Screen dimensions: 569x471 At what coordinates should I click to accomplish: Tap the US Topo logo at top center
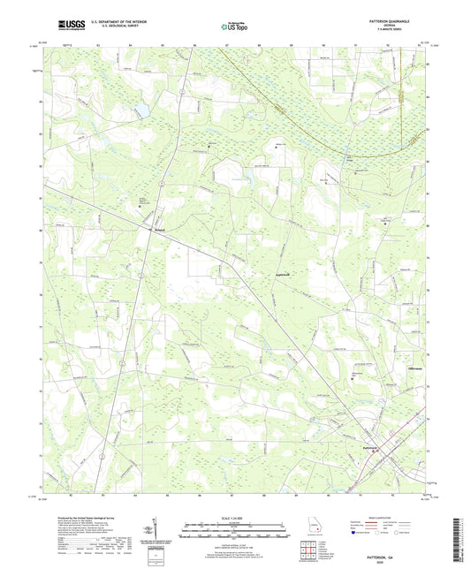[x=232, y=27]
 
